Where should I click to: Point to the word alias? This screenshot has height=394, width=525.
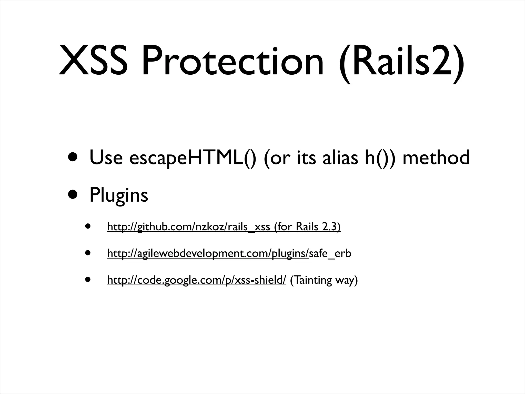coord(340,158)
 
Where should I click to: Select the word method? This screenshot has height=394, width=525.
coord(436,158)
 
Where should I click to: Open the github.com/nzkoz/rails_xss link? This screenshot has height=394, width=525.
coord(188,227)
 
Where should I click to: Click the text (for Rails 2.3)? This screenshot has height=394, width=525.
coord(307,227)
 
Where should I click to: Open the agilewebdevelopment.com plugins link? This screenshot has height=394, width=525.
coord(208,254)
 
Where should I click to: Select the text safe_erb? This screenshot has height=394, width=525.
coord(330,254)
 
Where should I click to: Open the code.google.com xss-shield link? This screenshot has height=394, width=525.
coord(196,280)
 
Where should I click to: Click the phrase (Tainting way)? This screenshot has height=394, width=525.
coord(324,280)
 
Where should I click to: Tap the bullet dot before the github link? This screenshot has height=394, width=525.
coord(88,226)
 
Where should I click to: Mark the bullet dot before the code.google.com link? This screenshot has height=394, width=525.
coord(88,279)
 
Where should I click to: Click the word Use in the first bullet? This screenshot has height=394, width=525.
coord(106,158)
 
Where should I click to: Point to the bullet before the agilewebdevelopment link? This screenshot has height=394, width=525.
coord(88,253)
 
